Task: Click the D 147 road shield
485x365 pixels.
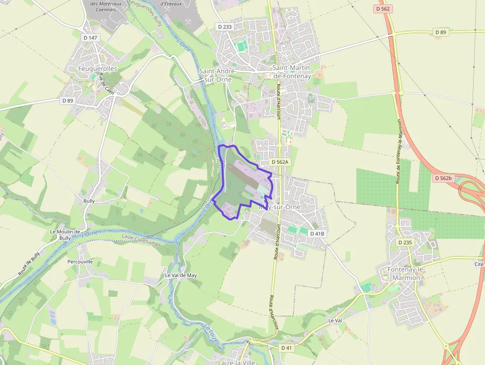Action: (x=91, y=37)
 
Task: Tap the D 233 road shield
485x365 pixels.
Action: (x=224, y=27)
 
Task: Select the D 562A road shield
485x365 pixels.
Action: (x=280, y=162)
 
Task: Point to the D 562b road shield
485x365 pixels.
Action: (x=443, y=178)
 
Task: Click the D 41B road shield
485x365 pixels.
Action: (x=317, y=233)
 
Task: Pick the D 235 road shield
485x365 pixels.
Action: (x=405, y=242)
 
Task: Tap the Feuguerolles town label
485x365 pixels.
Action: (x=98, y=68)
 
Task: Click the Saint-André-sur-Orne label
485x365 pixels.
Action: (x=218, y=75)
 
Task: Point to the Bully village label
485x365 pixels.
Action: (x=89, y=201)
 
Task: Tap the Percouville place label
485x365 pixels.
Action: (x=80, y=261)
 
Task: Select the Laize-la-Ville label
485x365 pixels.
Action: (x=237, y=362)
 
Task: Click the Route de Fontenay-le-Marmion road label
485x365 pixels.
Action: (x=398, y=151)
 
